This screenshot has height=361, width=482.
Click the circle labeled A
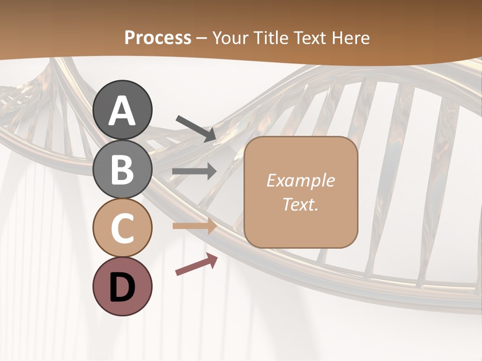[122, 110]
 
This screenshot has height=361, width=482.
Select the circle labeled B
[122, 169]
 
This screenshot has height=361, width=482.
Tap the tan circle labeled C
[122, 228]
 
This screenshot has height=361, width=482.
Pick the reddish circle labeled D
[122, 286]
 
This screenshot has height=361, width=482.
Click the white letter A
[122, 111]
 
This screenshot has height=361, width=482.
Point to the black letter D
[122, 287]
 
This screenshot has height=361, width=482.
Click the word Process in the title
[158, 38]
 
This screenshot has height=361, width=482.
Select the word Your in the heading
[228, 38]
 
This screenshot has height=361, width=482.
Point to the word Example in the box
[300, 180]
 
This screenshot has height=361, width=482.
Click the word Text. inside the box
[300, 205]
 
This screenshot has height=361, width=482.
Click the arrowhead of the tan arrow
[211, 226]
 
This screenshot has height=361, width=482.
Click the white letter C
[122, 229]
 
